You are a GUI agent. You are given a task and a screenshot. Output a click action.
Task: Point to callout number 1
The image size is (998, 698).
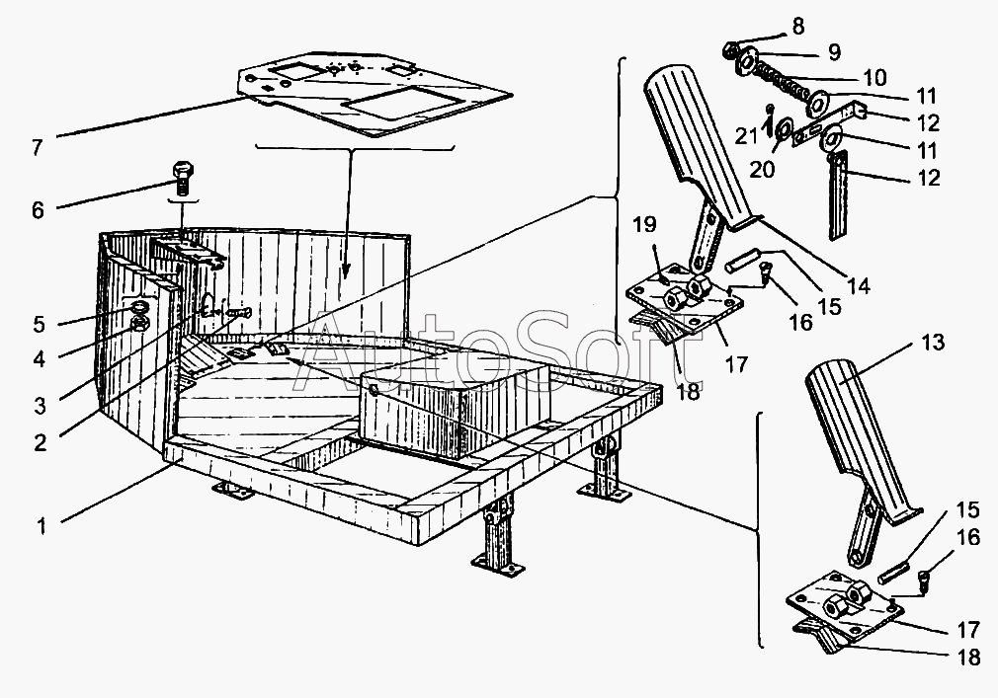(x=42, y=526)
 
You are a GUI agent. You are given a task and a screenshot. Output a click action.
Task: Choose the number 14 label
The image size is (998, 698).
(x=860, y=286)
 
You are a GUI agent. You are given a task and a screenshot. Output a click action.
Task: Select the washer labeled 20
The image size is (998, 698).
(x=781, y=129)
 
